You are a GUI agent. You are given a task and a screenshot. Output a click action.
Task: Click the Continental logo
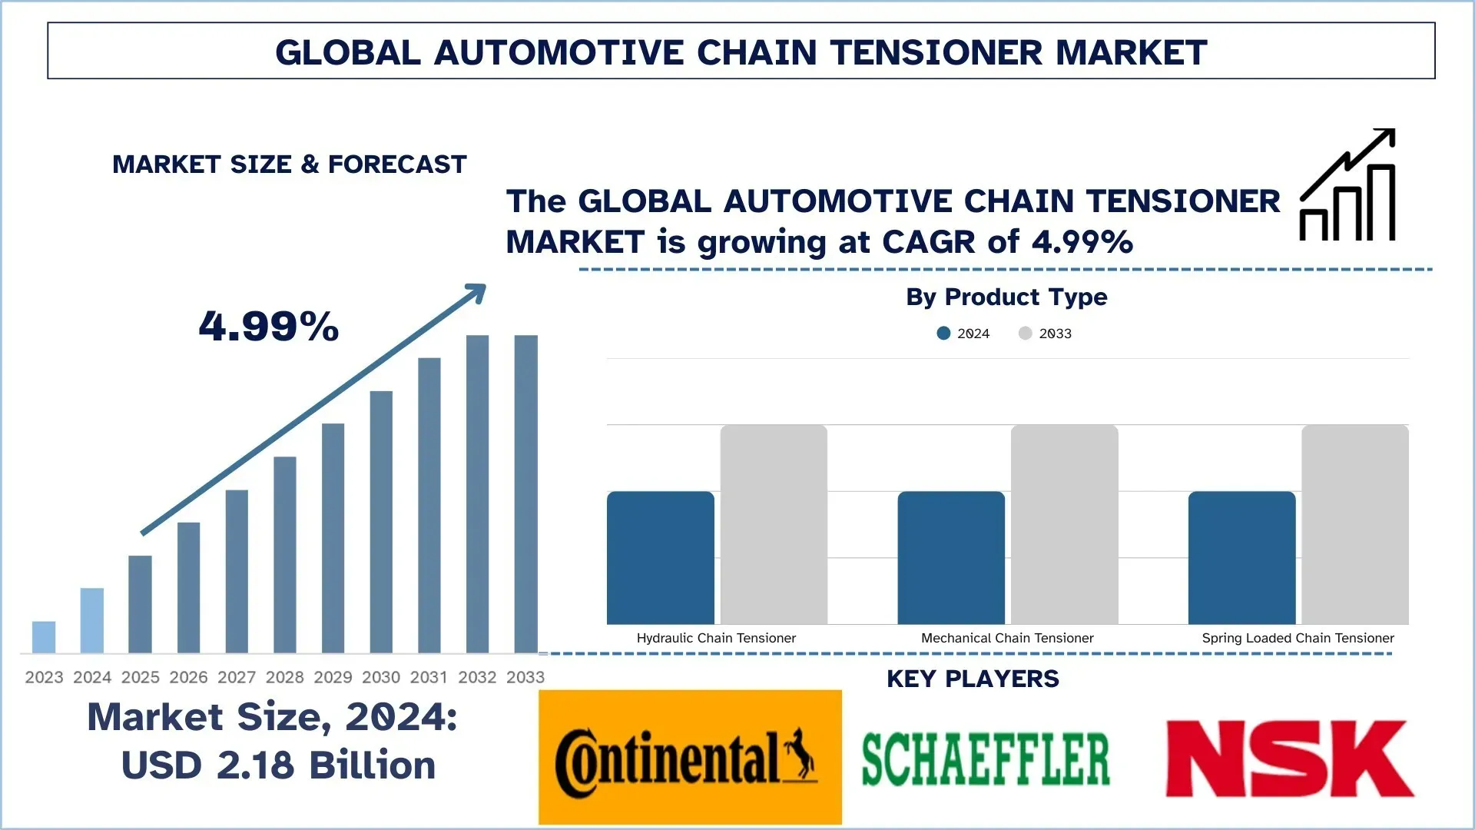click(689, 757)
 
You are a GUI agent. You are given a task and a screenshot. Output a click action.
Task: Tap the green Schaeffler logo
click(986, 759)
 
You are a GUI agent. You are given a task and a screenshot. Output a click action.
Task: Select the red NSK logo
click(1289, 759)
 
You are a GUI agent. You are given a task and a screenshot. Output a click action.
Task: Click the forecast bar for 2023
click(44, 637)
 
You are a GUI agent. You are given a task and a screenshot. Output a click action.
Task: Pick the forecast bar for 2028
click(285, 554)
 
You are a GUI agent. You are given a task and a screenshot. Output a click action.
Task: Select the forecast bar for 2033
click(526, 493)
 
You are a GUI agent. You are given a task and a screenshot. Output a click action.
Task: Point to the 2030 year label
click(381, 677)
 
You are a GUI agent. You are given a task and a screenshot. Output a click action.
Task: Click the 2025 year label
click(141, 677)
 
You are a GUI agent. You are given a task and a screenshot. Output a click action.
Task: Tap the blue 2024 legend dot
click(943, 334)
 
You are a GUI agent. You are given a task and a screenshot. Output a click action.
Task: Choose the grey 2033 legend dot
click(1025, 334)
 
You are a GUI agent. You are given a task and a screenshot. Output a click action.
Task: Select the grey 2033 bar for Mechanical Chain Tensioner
click(1064, 524)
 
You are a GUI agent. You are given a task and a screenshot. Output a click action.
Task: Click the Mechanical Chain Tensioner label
click(1007, 638)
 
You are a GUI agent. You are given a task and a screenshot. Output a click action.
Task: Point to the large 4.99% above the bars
click(269, 326)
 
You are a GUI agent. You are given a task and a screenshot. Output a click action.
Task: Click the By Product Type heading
click(1006, 297)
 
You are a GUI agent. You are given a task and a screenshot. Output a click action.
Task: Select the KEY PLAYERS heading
click(973, 679)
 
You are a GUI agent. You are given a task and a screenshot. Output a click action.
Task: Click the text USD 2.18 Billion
click(278, 765)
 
